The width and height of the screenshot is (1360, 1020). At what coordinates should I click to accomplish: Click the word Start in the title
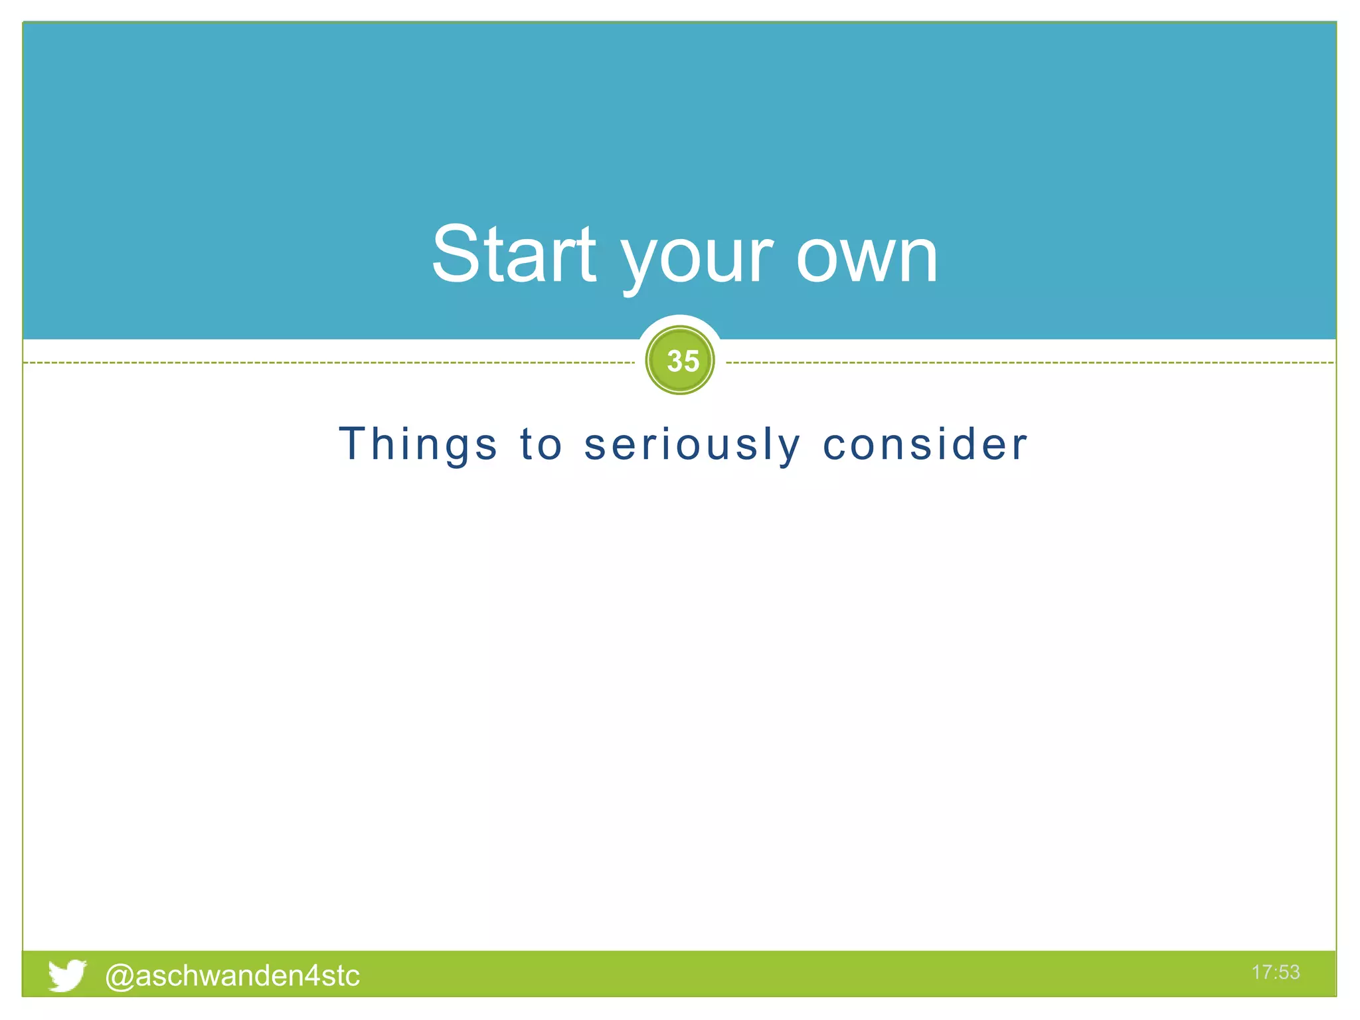[x=514, y=254]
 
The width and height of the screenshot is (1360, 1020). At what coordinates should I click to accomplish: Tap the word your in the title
[x=697, y=259]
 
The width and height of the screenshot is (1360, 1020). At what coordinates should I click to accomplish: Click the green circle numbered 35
[x=680, y=361]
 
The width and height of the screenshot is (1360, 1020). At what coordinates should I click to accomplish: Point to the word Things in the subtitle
[x=418, y=444]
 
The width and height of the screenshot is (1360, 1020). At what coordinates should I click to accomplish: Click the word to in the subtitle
[x=541, y=444]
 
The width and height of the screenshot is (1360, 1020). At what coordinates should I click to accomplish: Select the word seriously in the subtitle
[x=692, y=444]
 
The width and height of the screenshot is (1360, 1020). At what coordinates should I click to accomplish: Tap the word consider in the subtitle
[x=925, y=444]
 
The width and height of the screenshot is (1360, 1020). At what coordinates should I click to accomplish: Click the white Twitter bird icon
[x=67, y=975]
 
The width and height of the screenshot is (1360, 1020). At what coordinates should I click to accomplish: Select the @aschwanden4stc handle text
[x=232, y=976]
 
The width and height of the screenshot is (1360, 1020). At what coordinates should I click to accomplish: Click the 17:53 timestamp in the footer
[x=1275, y=972]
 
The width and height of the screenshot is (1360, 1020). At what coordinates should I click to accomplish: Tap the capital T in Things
[x=353, y=443]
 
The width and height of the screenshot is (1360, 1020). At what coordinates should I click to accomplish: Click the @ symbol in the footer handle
[x=120, y=976]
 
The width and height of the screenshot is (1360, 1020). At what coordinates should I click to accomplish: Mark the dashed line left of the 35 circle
[x=332, y=363]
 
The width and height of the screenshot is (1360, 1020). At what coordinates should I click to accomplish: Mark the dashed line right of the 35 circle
[x=1029, y=363]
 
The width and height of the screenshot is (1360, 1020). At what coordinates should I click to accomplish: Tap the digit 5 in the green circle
[x=691, y=361]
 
